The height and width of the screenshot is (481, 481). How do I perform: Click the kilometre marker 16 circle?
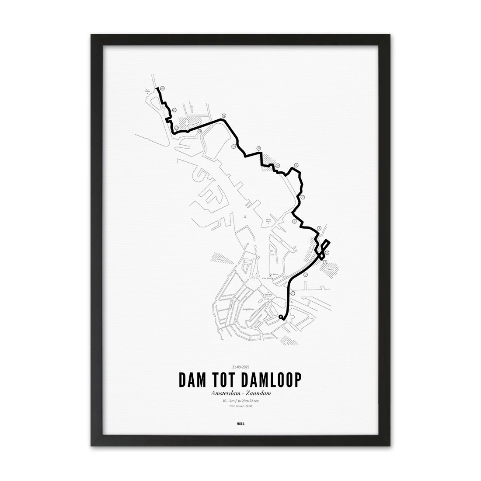[162, 88]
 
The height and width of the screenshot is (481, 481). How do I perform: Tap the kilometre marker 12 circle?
[223, 115]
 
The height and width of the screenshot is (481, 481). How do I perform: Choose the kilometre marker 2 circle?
[306, 274]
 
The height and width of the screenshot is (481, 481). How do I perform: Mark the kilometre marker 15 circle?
[174, 109]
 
